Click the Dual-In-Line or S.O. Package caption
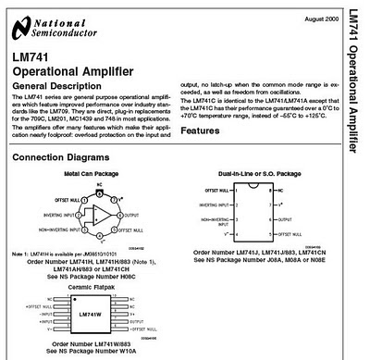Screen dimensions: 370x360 pos(260,174)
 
